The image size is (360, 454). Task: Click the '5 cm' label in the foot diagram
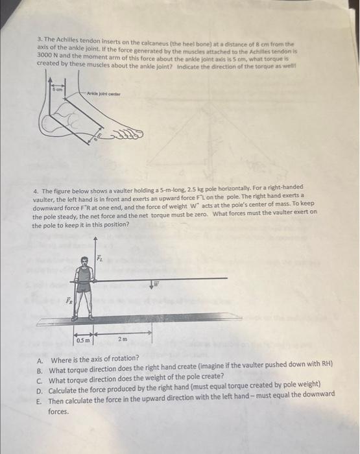tap(58, 90)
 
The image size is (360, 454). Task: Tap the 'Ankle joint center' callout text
tap(104, 94)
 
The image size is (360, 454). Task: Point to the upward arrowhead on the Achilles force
tap(51, 80)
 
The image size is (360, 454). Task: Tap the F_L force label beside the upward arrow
tap(99, 257)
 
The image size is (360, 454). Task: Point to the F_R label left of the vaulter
tap(69, 300)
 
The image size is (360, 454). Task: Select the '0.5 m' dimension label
tap(83, 340)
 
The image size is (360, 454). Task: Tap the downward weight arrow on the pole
tap(152, 283)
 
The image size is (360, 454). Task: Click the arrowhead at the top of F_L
tap(95, 239)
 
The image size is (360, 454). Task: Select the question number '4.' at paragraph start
tap(36, 191)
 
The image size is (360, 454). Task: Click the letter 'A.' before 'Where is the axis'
tap(40, 361)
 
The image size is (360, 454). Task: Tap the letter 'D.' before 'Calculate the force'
tap(40, 391)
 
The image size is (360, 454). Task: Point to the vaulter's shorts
tap(84, 287)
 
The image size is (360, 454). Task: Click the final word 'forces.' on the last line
tap(58, 411)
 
